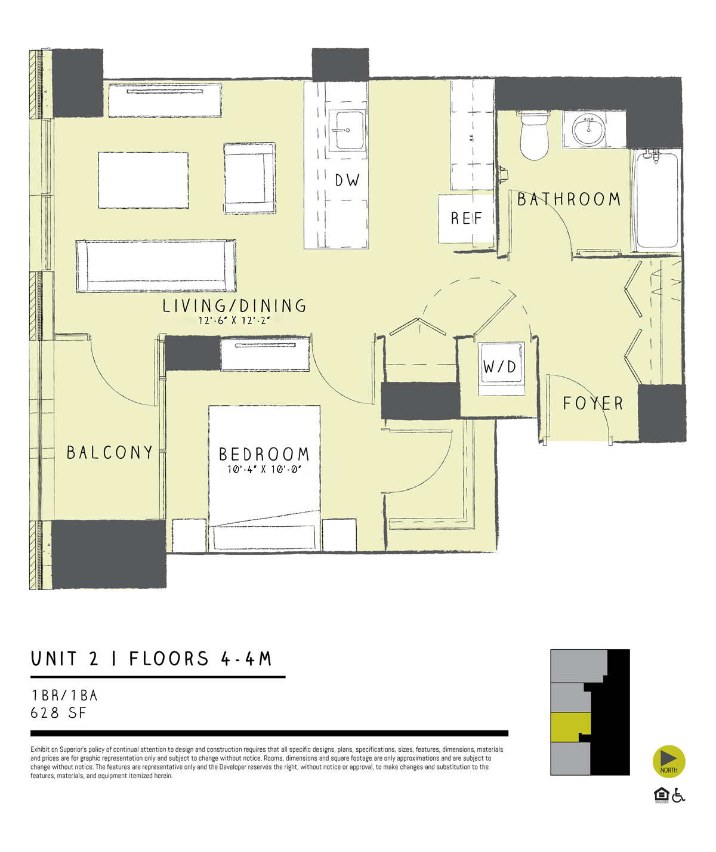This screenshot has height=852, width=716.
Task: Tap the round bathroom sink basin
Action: (588, 130)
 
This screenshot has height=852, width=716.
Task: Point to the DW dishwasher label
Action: (347, 180)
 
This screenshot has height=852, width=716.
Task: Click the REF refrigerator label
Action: (466, 218)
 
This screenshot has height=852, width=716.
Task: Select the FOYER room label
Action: (592, 404)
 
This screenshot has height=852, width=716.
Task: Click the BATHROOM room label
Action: (569, 199)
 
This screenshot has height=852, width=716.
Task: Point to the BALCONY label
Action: (110, 453)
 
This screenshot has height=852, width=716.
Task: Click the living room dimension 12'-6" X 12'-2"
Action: (234, 320)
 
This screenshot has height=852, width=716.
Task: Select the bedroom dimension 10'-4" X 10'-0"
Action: (264, 470)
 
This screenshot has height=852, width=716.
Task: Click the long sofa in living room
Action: (156, 266)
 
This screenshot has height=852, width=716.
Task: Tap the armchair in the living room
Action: (249, 178)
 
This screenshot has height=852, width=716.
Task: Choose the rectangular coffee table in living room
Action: (143, 180)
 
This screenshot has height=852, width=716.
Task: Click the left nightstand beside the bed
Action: (189, 535)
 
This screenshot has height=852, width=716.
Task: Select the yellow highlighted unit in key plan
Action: (569, 727)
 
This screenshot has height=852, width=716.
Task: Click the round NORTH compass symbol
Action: (669, 762)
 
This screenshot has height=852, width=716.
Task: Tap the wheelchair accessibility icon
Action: (678, 795)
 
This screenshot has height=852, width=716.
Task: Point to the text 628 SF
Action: (58, 713)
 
